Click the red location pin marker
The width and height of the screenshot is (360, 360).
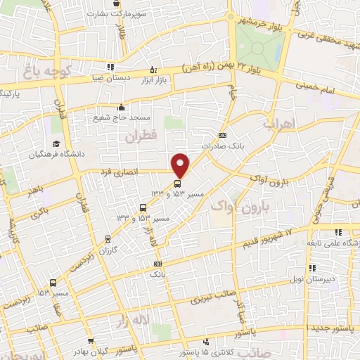pos(181,165)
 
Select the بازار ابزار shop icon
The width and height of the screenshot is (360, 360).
pos(153,70)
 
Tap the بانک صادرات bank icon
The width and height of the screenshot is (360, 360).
pos(223,135)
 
